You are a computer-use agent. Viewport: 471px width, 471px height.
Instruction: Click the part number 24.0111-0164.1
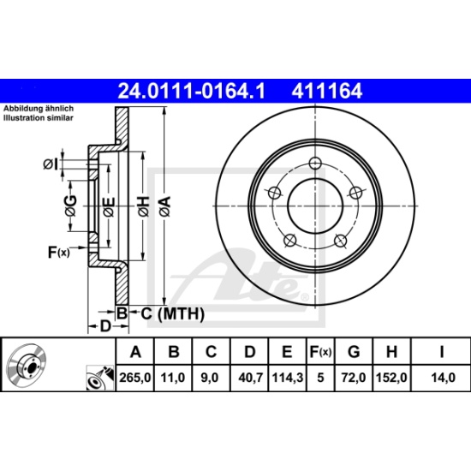192,91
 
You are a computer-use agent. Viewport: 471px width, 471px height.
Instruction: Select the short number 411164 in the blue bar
327,91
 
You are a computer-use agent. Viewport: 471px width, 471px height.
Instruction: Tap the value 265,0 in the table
134,378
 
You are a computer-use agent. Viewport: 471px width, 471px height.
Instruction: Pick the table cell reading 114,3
288,378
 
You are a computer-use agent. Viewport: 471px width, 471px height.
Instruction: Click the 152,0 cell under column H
391,378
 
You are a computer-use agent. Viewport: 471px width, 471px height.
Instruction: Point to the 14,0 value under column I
443,378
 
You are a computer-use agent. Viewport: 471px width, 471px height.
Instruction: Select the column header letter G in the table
354,351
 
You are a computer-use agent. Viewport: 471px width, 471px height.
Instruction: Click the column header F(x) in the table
320,351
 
